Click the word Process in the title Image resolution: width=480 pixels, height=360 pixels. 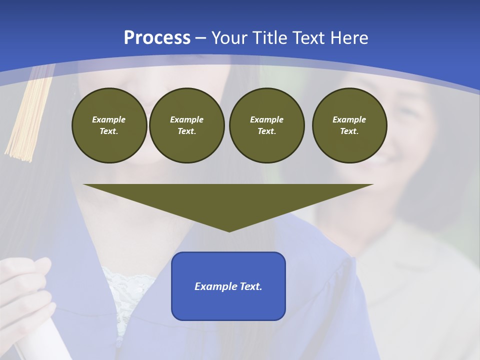point(157,38)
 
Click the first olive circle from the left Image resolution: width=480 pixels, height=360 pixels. point(109,125)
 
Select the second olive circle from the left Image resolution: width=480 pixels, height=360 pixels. point(186,125)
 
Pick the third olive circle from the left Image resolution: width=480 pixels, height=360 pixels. point(266,125)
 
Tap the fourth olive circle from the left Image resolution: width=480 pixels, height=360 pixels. point(349,125)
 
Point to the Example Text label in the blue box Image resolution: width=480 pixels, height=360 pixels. point(228,286)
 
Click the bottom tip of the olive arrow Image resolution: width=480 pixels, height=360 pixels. point(229,230)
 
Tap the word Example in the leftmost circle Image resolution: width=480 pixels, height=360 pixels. point(109,119)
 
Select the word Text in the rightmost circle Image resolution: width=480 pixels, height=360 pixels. point(349,131)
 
